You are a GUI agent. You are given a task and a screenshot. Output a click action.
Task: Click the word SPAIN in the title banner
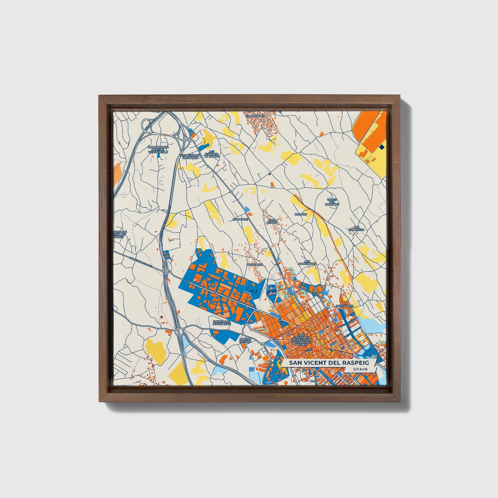pyautogui.click(x=360, y=369)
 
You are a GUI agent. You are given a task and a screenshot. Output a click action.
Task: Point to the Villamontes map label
pyautogui.click(x=255, y=116)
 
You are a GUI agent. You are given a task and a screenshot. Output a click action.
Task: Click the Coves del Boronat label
pyautogui.click(x=332, y=202)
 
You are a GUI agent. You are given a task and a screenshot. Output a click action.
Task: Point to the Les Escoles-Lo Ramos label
pyautogui.click(x=212, y=154)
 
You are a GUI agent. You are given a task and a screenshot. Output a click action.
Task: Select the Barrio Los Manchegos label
pyautogui.click(x=222, y=323)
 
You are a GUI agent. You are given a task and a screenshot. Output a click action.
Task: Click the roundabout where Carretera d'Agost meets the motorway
pyautogui.click(x=166, y=271)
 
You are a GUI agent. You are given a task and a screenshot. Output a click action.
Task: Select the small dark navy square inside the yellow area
pyautogui.click(x=382, y=147)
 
